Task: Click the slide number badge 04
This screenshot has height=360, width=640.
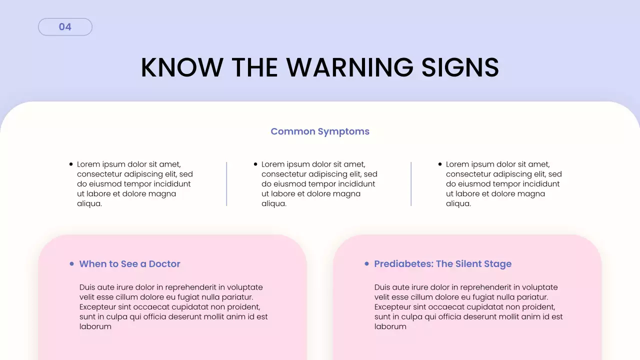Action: coord(65,27)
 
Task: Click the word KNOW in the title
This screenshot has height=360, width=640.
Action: coord(181,67)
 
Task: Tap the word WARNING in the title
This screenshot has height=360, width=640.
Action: coord(345,67)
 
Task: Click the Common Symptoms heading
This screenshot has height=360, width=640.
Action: coord(320,131)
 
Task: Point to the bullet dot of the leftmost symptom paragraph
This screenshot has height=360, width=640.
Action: coord(71,164)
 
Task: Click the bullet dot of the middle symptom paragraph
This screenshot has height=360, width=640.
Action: coord(255,164)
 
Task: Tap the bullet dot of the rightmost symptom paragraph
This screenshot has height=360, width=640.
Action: coord(440,164)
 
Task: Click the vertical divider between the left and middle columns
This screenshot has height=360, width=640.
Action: coord(226,183)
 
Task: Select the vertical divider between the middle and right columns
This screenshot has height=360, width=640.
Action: coord(411,183)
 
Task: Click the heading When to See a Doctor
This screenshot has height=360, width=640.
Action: coord(129,264)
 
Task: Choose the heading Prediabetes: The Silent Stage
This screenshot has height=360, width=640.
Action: coord(442,264)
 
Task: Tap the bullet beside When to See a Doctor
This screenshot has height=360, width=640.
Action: coord(71,263)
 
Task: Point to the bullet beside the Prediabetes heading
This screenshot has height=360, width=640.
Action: coord(366,263)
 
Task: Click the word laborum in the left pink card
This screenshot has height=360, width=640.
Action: coord(95,326)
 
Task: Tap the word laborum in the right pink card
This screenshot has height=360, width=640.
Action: coord(390,326)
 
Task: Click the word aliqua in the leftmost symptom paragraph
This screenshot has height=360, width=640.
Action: coord(89,204)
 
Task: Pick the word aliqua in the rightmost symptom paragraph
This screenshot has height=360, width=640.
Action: coord(458,204)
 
